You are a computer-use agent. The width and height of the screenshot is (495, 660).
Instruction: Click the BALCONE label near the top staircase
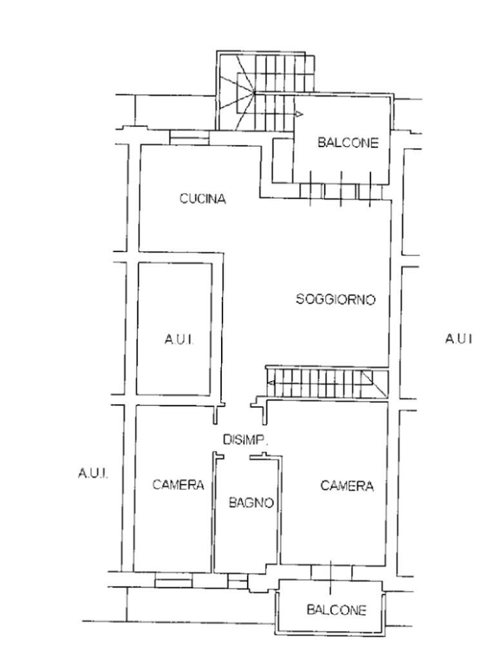click(347, 142)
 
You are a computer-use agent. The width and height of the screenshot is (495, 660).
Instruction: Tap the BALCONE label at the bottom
click(336, 610)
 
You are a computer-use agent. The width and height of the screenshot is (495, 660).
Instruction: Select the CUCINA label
click(202, 199)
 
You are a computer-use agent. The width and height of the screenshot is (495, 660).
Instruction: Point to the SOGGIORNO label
click(335, 299)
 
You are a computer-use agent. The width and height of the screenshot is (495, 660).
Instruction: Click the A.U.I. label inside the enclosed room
click(179, 339)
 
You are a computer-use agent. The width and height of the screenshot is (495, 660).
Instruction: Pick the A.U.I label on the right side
click(458, 338)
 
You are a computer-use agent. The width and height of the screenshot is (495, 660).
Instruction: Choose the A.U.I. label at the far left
click(93, 473)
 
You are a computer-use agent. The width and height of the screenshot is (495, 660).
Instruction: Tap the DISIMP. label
click(246, 440)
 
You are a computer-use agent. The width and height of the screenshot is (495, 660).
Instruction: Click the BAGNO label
click(251, 502)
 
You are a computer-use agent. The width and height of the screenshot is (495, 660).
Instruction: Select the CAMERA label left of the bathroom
click(178, 485)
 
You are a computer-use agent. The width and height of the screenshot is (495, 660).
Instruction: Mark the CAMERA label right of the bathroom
click(347, 486)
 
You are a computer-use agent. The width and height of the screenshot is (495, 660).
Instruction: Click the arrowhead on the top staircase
click(299, 113)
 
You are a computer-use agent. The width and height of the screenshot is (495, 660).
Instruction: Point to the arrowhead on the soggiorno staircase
click(271, 383)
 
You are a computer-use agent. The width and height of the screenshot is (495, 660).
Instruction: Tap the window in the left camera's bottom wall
click(173, 583)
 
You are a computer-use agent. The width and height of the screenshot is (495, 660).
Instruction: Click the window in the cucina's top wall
click(189, 137)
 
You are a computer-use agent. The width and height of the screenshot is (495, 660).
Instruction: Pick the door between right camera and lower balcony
click(331, 572)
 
